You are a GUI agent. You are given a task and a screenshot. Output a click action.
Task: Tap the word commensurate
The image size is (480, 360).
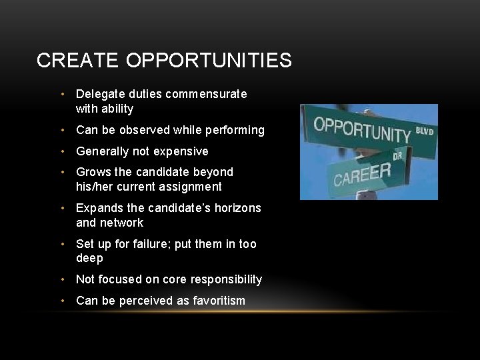click(x=210, y=94)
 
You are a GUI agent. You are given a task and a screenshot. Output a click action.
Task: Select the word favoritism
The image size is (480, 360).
click(x=219, y=301)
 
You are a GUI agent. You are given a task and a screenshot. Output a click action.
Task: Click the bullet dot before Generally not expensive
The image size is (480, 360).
click(x=63, y=151)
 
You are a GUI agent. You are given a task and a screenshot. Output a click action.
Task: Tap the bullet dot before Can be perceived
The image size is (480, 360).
click(x=63, y=301)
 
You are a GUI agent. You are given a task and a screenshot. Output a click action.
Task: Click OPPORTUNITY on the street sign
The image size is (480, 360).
click(x=362, y=129)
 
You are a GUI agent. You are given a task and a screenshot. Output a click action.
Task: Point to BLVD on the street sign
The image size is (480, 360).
click(x=424, y=131)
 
